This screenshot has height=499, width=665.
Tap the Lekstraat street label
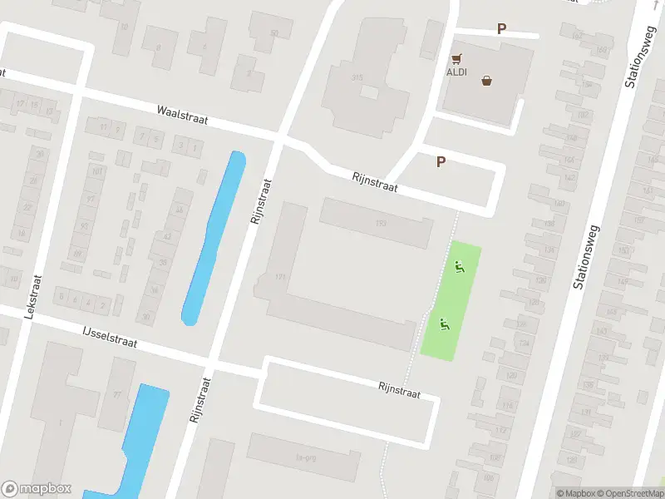(32, 298)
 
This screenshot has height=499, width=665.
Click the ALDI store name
(457, 72)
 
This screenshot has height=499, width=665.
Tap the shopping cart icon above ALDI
(456, 59)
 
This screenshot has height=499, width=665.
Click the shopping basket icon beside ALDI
(486, 82)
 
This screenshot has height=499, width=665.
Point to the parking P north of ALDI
(501, 29)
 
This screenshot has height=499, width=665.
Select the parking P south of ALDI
(441, 162)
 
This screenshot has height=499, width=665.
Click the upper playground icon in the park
(458, 267)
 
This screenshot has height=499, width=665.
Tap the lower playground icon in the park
(444, 325)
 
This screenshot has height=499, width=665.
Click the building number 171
(280, 277)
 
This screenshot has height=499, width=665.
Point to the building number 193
(382, 222)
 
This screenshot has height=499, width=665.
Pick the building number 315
(357, 77)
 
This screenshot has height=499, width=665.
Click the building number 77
(117, 394)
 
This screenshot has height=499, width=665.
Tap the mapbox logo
(37, 489)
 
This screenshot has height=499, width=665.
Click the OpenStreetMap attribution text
(627, 493)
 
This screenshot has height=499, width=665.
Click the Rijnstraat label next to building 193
(374, 182)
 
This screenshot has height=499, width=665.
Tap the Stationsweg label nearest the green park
(587, 249)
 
